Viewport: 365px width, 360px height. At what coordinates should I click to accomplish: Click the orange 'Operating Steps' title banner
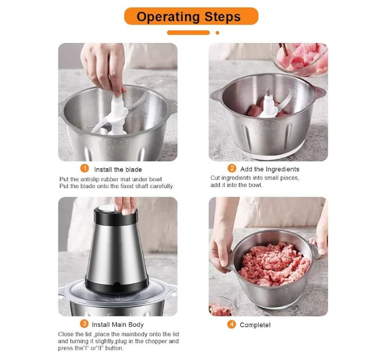(x=191, y=16)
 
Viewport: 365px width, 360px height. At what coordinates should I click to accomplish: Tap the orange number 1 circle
(x=85, y=168)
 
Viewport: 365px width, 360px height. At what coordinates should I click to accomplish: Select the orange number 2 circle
(x=232, y=168)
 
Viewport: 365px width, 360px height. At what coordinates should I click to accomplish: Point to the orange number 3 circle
(x=84, y=323)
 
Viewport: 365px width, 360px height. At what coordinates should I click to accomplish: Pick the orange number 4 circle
(x=232, y=324)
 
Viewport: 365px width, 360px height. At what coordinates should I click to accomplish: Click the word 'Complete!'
(x=255, y=325)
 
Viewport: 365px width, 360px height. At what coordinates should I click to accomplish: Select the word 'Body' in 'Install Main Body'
(x=136, y=325)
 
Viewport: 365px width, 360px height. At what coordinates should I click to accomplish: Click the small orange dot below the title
(x=218, y=33)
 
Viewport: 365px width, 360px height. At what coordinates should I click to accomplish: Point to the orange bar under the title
(x=189, y=33)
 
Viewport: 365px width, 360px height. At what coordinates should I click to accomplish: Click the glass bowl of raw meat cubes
(x=299, y=59)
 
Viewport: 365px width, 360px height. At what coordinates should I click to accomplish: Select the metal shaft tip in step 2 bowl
(x=269, y=93)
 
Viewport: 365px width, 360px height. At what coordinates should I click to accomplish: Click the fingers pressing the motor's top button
(x=125, y=206)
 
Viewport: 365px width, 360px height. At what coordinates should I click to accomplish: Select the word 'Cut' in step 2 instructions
(x=215, y=178)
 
